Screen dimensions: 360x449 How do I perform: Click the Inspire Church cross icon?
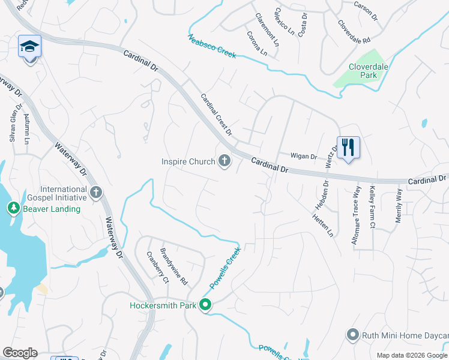click(224, 161)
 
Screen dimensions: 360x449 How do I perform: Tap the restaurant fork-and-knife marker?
click(348, 146)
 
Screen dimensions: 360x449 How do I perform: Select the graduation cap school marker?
click(29, 46)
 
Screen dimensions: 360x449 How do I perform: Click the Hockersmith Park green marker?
click(205, 305)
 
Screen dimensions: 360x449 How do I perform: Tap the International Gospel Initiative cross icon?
click(96, 193)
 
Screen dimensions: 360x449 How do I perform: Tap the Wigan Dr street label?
click(303, 156)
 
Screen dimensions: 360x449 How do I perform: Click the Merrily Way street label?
click(398, 206)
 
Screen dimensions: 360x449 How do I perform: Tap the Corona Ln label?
click(257, 43)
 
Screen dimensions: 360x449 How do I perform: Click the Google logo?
click(20, 353)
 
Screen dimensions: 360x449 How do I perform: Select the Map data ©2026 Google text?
click(412, 355)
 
